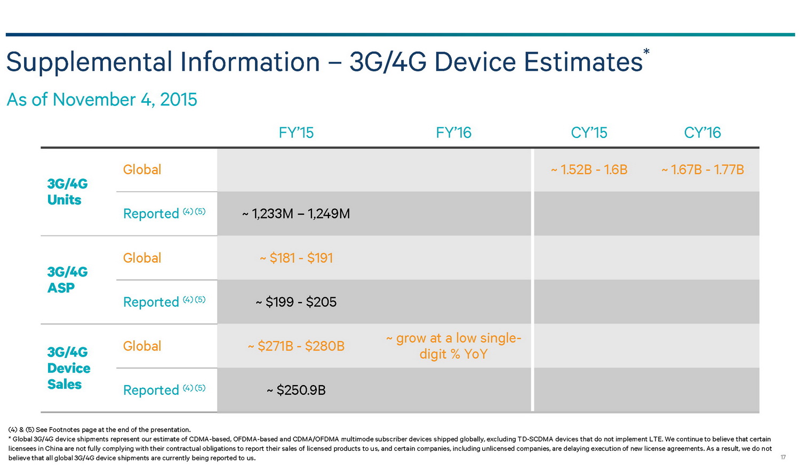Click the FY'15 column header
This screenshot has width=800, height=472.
point(296,133)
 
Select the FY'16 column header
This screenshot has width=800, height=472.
point(453,133)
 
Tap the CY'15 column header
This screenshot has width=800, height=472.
point(589,133)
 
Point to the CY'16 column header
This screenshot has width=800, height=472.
point(702,133)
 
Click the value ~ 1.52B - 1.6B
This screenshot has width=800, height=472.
point(589,170)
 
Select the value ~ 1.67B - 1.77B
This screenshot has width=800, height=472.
point(702,170)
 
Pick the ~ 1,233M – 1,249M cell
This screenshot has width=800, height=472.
point(296,214)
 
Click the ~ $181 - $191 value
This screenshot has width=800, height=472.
point(296,258)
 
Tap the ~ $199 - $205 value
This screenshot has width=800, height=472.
point(296,303)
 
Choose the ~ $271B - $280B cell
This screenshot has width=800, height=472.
point(296,346)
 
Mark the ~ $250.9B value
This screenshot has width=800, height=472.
point(296,390)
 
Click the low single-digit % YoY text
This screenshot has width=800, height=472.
point(453,346)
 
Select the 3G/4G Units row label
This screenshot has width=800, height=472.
point(67,192)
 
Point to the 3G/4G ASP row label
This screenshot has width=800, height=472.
point(67,280)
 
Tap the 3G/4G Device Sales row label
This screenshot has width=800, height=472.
point(68,368)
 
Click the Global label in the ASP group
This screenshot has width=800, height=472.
point(142,258)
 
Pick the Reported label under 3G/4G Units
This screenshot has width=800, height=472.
point(151,214)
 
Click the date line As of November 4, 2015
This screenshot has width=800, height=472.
point(102,100)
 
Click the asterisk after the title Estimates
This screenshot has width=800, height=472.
point(646,52)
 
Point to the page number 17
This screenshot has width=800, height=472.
point(783,458)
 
